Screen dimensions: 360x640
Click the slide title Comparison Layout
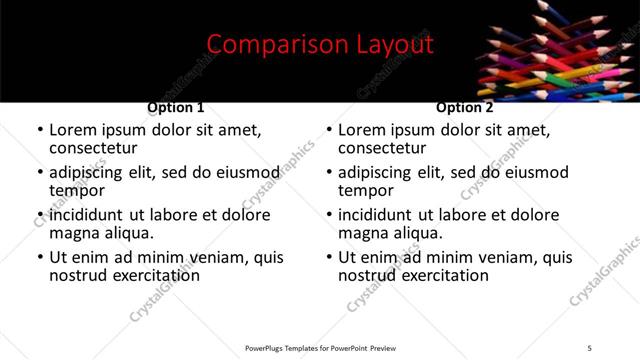320,45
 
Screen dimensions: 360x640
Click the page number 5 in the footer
589,348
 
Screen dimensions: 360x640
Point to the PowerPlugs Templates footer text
320,348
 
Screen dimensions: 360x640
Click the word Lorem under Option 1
73,130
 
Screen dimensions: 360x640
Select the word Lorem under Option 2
362,130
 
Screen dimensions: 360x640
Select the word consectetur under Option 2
384,148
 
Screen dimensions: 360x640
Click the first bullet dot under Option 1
40,131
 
